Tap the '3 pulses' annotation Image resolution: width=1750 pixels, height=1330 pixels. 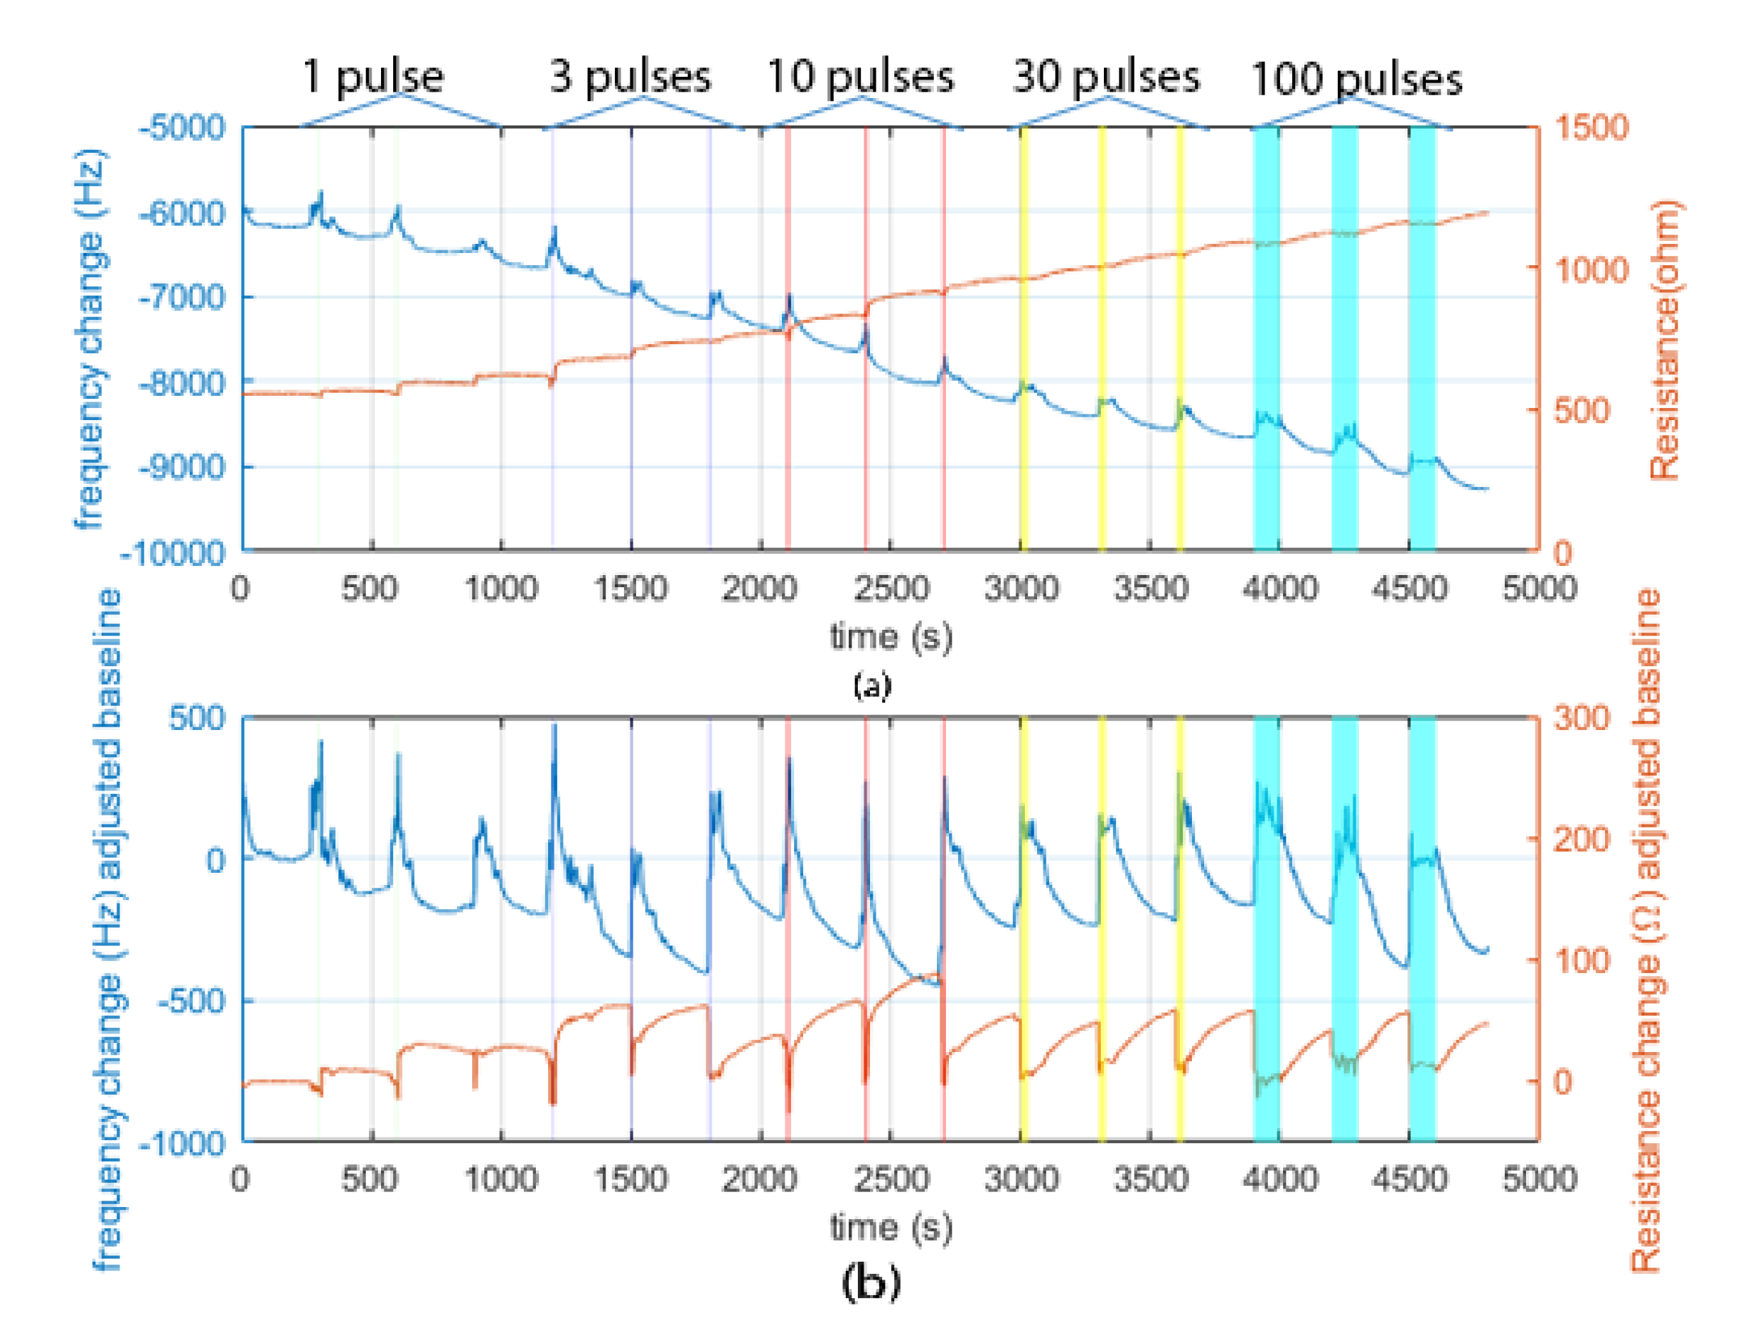[630, 77]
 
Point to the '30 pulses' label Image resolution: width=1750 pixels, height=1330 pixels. [1106, 77]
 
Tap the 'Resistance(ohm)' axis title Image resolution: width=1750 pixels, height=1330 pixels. [1665, 340]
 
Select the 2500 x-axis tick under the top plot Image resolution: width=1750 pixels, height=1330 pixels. [891, 589]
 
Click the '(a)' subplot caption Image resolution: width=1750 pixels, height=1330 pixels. [871, 685]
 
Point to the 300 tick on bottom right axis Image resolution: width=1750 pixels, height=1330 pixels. [1582, 718]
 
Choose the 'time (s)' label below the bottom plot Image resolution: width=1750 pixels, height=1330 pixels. [891, 1228]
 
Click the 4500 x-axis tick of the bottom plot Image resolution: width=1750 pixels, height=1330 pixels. [1409, 1179]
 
